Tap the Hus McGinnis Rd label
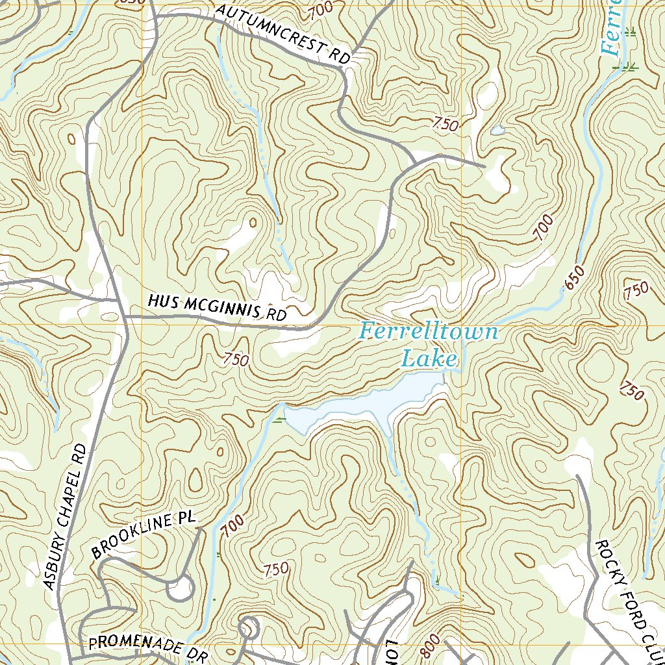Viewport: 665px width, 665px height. point(217,308)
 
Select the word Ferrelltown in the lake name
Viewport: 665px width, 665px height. point(429,332)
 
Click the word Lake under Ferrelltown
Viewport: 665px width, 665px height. point(429,358)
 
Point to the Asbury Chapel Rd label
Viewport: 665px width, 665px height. point(66,517)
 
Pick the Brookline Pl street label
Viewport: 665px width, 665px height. point(143,535)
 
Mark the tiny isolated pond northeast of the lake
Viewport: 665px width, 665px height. point(497,131)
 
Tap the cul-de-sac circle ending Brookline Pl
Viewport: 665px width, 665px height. point(180,588)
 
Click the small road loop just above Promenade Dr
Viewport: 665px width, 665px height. point(248,628)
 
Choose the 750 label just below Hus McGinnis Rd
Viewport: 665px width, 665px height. point(236,359)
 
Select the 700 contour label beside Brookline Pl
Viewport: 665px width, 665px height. point(231,525)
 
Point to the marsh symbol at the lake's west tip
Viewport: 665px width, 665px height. point(279,421)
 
